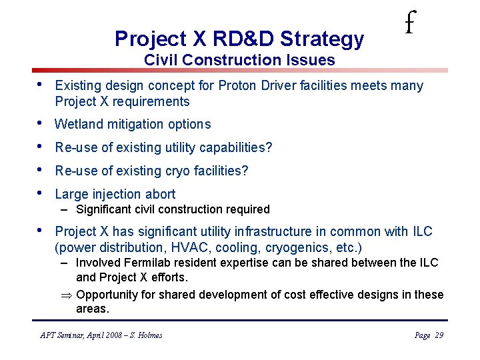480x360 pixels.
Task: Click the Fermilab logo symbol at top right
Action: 410,25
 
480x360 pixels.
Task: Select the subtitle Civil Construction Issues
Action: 239,60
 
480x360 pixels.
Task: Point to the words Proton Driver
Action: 275,86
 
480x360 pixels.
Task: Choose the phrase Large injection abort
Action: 115,194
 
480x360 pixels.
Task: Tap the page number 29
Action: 438,335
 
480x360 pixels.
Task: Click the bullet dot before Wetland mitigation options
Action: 41,123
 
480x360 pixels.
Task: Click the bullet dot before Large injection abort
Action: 41,193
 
